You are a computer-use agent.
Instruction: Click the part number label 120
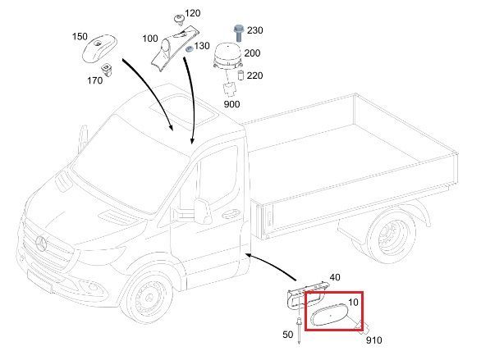193,13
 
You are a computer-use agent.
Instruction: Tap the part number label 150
80,37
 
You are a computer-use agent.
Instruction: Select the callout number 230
255,30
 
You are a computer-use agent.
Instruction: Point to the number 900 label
232,104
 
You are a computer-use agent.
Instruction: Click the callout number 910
374,340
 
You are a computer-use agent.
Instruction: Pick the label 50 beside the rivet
288,335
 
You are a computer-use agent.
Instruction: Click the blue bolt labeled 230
238,33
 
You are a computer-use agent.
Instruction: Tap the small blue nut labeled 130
190,48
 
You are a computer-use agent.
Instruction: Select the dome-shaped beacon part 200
227,56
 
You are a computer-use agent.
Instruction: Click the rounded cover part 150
99,48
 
